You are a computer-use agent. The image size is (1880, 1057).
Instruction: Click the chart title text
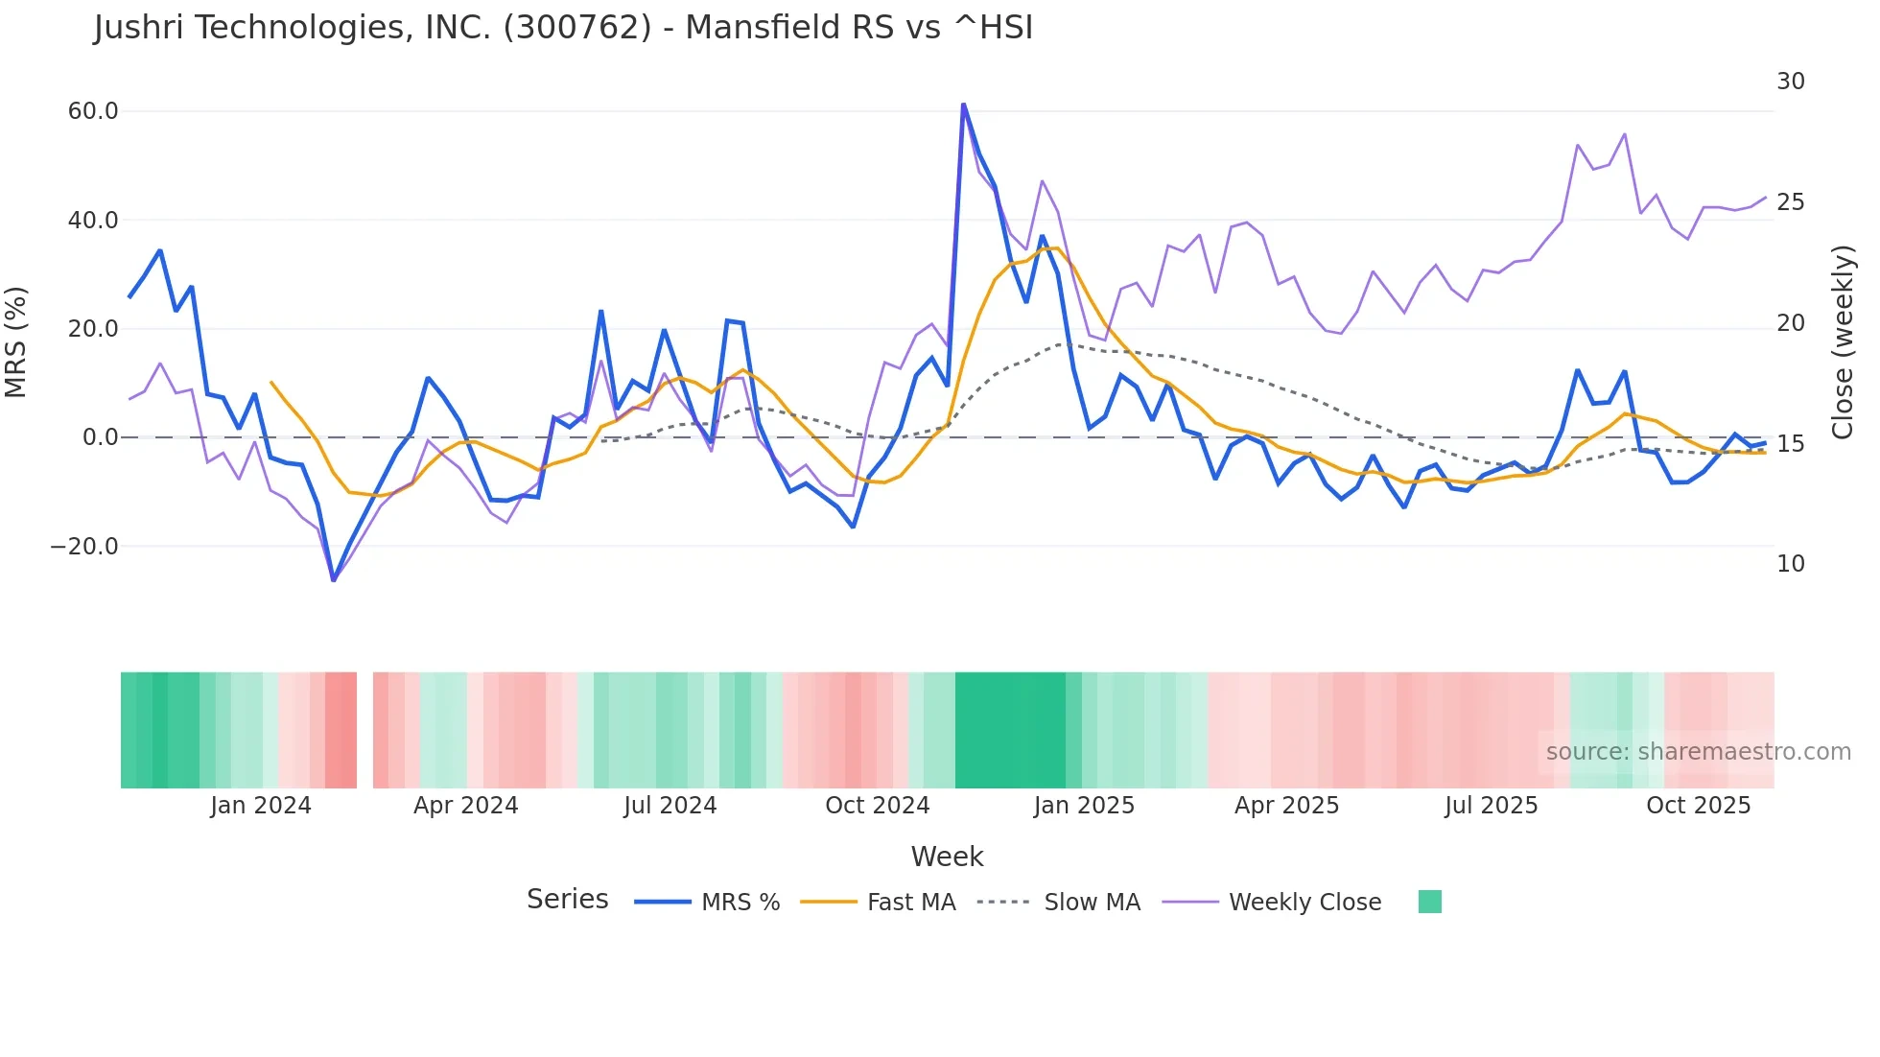point(563,27)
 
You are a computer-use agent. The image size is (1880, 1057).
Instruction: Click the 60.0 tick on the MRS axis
point(93,111)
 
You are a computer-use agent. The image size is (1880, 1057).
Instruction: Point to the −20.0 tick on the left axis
point(84,547)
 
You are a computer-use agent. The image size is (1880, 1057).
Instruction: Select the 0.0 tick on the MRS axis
point(100,437)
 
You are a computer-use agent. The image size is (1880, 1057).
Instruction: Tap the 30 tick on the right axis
point(1790,82)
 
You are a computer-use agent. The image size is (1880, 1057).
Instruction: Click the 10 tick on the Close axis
point(1790,564)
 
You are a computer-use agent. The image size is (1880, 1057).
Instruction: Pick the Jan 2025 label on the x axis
point(1084,806)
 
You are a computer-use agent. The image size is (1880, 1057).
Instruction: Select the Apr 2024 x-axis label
point(465,806)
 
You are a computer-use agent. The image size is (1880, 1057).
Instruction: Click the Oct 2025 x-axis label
point(1698,806)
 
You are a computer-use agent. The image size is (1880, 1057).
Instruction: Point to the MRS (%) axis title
point(16,341)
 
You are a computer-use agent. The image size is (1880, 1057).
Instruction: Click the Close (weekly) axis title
point(1843,341)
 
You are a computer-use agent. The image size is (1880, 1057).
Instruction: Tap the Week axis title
point(947,857)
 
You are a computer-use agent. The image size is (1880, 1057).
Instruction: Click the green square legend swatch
point(1429,902)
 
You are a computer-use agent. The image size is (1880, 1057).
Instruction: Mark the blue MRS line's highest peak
point(963,105)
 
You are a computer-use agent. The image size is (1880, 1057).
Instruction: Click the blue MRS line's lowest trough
point(334,580)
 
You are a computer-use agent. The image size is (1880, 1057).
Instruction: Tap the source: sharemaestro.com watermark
point(1698,752)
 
